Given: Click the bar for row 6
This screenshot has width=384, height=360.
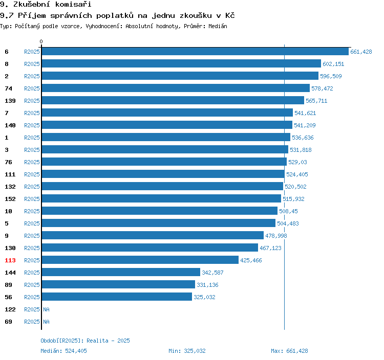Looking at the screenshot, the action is point(195,51).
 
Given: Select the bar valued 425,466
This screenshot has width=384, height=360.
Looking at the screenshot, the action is point(140,260).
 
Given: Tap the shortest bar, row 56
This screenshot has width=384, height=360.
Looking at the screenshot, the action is point(117,297).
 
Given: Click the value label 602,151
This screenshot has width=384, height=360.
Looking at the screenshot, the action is point(333,64).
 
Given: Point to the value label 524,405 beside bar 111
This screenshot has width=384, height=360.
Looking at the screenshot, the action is point(297,174).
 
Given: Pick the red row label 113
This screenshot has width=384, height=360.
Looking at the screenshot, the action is point(10,260).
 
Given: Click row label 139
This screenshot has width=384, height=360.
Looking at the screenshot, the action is point(10,101).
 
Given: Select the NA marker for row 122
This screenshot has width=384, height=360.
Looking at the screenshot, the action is point(46,309).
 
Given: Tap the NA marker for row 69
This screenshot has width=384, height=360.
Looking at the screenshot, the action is point(46,322).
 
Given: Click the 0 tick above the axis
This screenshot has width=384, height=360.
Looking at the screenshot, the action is point(41,41).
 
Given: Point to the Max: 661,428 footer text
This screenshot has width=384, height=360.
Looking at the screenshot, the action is point(289,351).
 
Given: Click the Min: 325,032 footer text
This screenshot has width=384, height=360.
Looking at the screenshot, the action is point(187,351).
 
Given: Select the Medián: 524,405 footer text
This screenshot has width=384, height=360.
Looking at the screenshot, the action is point(63,351).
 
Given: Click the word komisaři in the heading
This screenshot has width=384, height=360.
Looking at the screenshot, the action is point(73,4).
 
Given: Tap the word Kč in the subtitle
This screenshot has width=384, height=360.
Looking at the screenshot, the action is point(230,15).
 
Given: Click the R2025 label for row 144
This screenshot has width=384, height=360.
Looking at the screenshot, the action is point(32,273).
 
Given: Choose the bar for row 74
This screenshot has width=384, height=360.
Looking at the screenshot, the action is point(176,88).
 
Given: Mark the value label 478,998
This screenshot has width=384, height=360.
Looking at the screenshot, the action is point(276,236).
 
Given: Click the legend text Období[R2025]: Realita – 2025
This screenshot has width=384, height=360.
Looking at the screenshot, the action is point(85,341).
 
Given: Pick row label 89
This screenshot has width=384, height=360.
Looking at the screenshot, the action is point(8,285).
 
